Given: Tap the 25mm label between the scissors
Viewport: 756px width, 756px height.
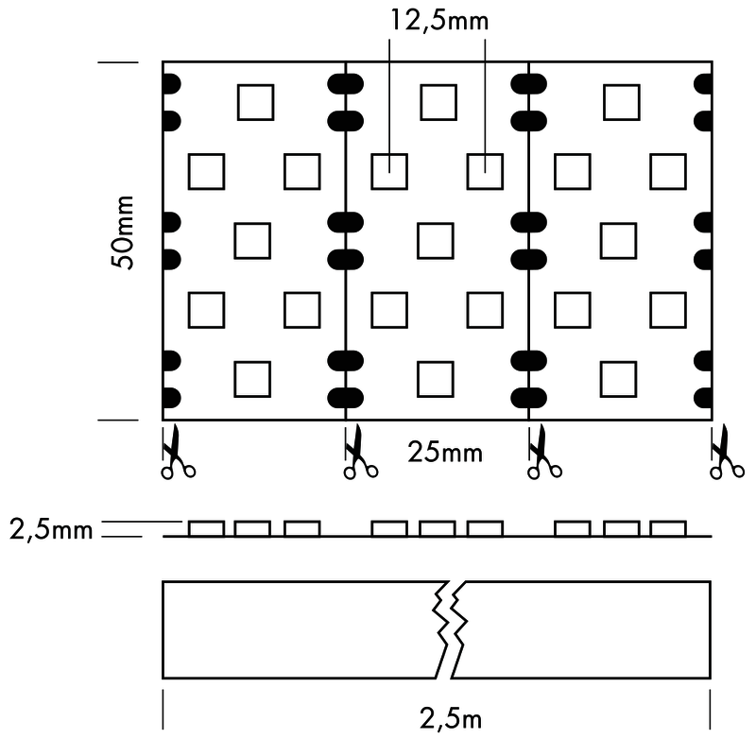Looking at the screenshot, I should point(445,452).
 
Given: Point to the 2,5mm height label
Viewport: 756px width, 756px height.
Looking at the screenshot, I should point(51,529).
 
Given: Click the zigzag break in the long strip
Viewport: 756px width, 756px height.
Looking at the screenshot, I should point(448,628).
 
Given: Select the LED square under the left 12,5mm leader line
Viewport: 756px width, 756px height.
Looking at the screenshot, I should point(387,171).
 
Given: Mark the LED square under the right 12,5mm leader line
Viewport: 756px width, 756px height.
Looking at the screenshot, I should point(485,171).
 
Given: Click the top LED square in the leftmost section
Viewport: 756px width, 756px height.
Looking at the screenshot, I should point(255,102).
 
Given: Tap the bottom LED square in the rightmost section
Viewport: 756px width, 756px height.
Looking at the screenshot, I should point(619,378).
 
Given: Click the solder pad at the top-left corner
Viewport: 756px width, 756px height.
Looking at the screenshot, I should point(171,84).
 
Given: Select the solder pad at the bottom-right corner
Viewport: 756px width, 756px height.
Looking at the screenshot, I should point(704,395).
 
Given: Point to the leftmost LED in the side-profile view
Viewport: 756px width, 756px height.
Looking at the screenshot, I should point(206,528).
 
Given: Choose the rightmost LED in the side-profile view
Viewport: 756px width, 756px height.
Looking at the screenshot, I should point(668,528).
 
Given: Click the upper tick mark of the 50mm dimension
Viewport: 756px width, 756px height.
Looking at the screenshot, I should point(117,63).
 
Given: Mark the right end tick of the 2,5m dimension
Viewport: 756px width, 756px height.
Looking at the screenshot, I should point(710,710).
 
